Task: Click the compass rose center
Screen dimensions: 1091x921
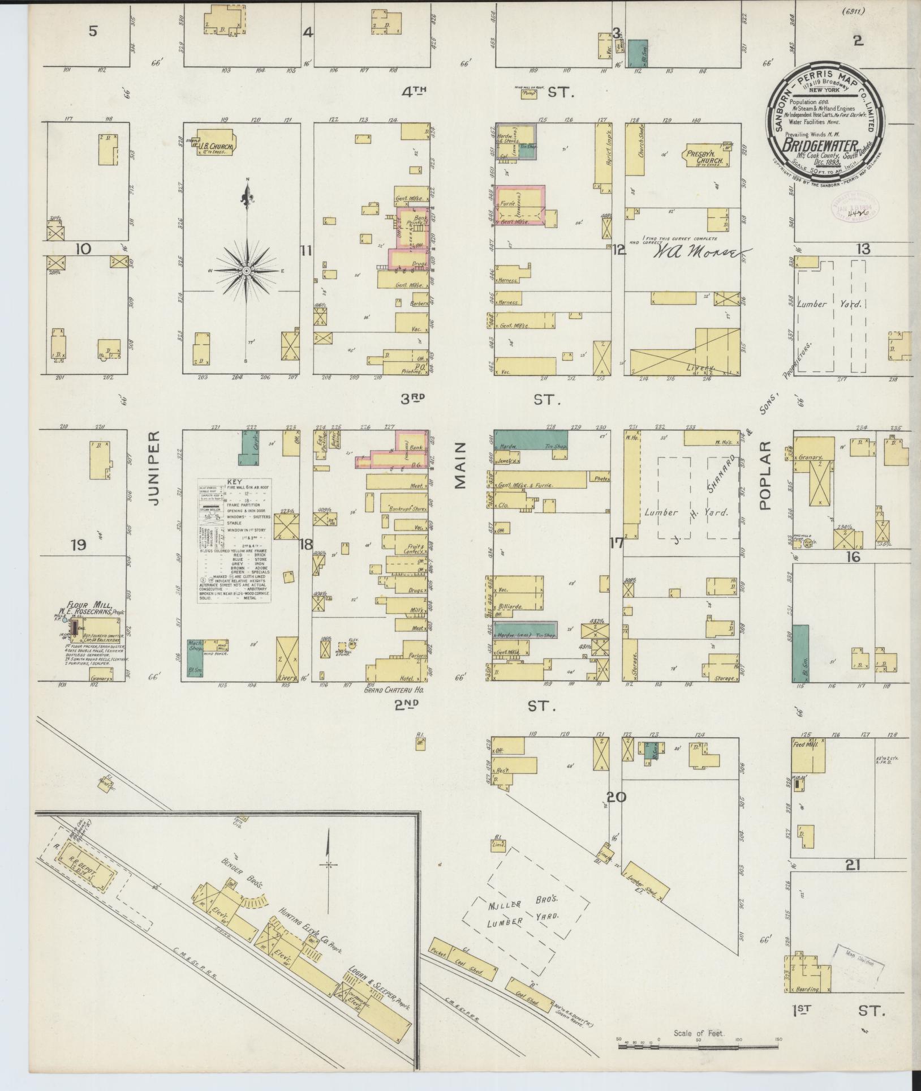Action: click(x=247, y=271)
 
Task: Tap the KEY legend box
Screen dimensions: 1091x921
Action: click(x=234, y=541)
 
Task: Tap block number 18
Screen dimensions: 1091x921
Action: click(x=306, y=545)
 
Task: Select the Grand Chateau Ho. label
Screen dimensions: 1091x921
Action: click(x=394, y=691)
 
